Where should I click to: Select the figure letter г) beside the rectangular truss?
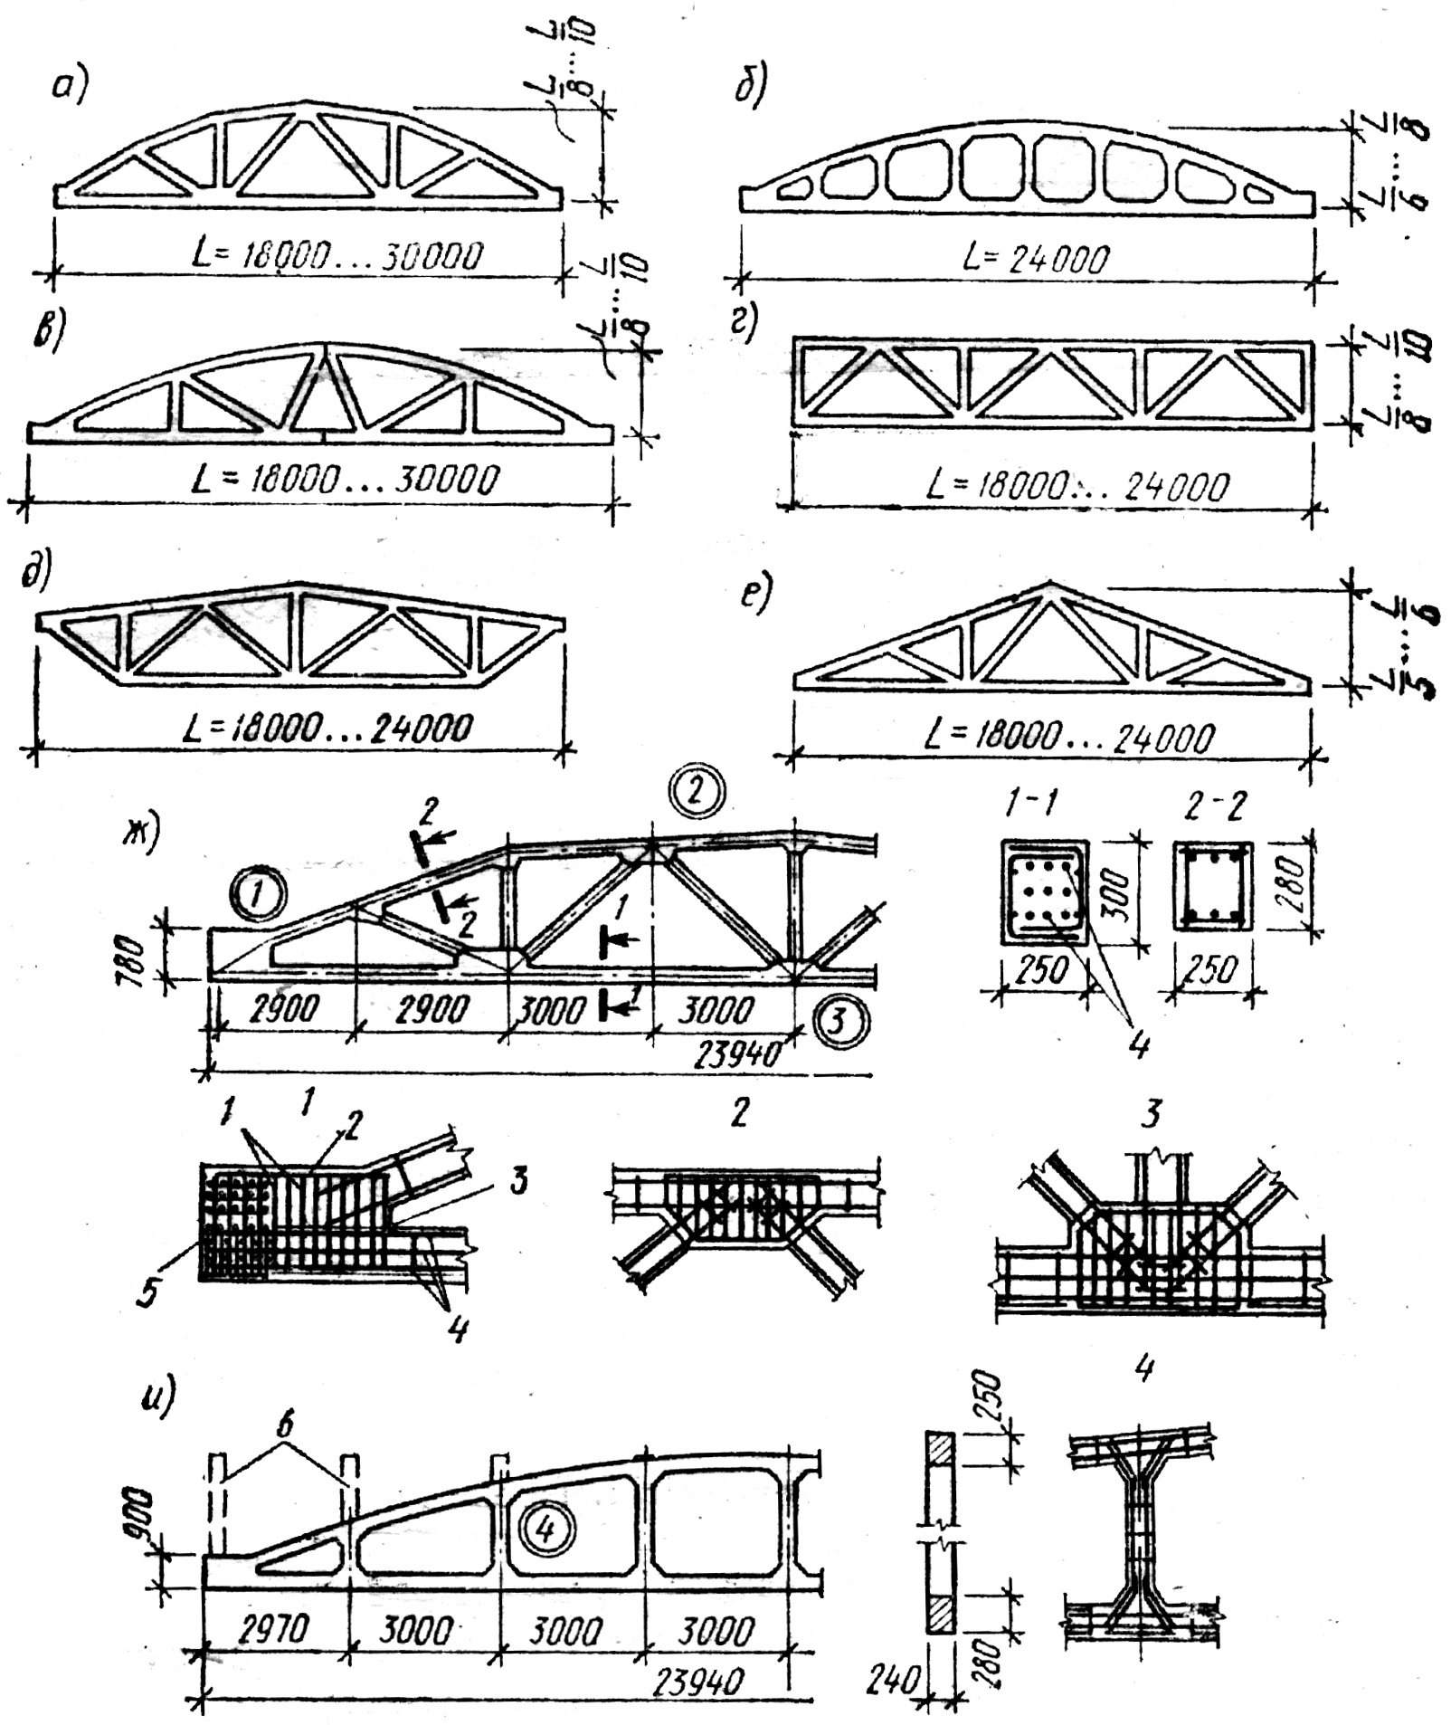coord(744,324)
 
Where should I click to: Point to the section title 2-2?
coord(1210,802)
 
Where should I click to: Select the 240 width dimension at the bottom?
coord(894,1682)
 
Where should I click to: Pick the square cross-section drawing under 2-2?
coord(1213,885)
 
